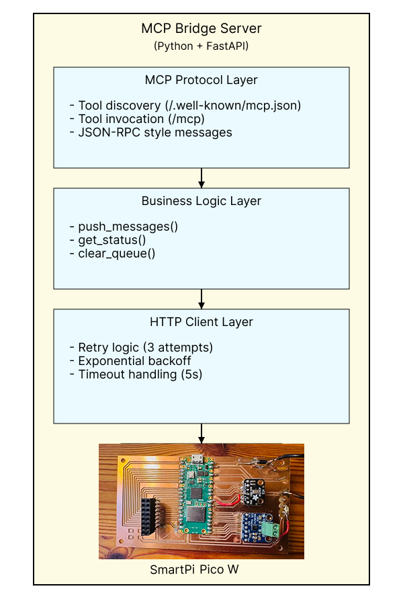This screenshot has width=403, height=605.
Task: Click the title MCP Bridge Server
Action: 201,29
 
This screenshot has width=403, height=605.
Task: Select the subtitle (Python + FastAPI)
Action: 201,46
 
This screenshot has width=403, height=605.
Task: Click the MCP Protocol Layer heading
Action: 201,80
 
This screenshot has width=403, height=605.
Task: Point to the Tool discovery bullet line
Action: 185,106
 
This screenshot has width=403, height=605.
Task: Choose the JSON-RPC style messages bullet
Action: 151,132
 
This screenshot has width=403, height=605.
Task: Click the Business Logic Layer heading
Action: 201,201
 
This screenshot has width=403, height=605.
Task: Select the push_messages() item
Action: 124,227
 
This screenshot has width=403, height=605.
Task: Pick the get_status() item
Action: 108,240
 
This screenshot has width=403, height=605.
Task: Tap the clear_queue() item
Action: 112,253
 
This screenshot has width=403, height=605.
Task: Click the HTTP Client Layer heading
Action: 201,322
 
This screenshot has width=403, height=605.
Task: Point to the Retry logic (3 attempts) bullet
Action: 141,348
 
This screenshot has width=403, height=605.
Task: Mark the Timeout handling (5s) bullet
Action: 136,374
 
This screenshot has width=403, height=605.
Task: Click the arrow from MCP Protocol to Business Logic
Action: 201,178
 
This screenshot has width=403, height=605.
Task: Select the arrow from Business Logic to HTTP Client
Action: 201,299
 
